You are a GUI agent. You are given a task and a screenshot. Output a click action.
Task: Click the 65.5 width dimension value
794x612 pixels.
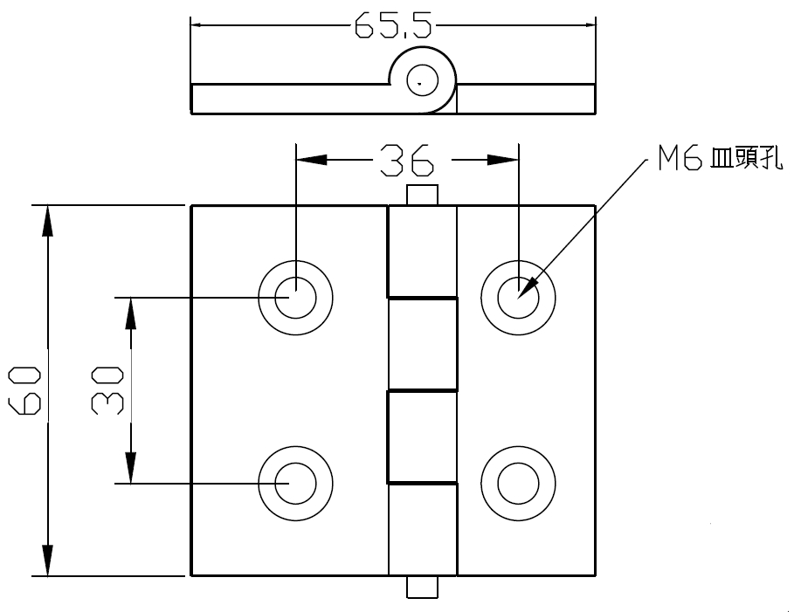392,25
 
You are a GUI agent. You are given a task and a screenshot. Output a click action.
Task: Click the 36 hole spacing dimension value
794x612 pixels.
407,161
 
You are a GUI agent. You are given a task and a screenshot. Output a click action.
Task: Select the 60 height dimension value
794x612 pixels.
24,390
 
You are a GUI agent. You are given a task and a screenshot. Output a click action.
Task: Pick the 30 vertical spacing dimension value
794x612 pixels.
107,390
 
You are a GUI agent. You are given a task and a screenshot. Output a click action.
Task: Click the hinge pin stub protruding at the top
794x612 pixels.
422,195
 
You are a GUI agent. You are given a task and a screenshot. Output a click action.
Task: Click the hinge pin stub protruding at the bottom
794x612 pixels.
422,588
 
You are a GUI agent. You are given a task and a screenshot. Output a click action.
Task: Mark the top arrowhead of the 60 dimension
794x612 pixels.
47,221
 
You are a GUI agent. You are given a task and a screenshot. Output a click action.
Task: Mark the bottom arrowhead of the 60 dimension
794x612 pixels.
47,560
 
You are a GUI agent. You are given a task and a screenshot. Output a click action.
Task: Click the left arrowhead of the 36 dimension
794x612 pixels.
312,160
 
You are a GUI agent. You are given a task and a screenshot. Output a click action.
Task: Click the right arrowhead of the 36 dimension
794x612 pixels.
503,160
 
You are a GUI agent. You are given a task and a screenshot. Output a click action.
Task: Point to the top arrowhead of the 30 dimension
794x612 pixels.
131,313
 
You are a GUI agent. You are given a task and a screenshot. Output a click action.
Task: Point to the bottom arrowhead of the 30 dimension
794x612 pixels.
131,468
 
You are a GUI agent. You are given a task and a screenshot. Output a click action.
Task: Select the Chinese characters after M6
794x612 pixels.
747,157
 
